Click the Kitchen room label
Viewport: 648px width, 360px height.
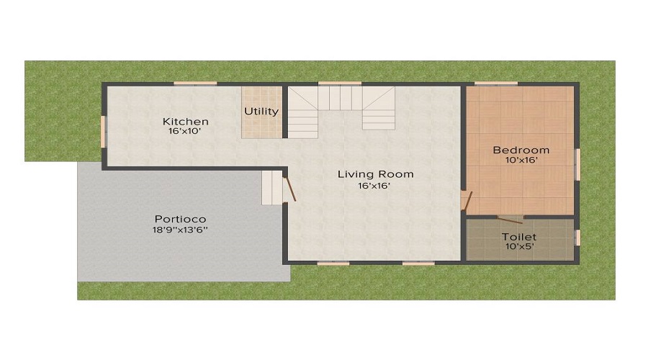pyautogui.click(x=185, y=121)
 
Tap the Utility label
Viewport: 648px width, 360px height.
pyautogui.click(x=261, y=111)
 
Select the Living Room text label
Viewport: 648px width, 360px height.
pyautogui.click(x=376, y=174)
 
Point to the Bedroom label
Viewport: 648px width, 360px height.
pyautogui.click(x=521, y=150)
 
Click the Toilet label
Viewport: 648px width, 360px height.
pyautogui.click(x=519, y=236)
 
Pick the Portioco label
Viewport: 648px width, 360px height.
pyautogui.click(x=180, y=219)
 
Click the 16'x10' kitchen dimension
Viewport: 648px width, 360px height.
pyautogui.click(x=185, y=132)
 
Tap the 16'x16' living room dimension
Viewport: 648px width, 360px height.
pyautogui.click(x=376, y=186)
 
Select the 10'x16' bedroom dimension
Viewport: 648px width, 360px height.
pyautogui.click(x=521, y=161)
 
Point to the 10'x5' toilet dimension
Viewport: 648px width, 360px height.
pyautogui.click(x=519, y=246)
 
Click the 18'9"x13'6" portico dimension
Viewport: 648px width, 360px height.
pyautogui.click(x=180, y=230)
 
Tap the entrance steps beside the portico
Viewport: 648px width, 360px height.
pyautogui.click(x=272, y=188)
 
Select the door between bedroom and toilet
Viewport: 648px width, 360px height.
pyautogui.click(x=510, y=218)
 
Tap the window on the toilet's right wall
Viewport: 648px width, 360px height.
pyautogui.click(x=577, y=238)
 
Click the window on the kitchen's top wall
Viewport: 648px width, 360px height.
pyautogui.click(x=196, y=84)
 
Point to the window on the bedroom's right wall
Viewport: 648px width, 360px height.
pyautogui.click(x=577, y=163)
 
